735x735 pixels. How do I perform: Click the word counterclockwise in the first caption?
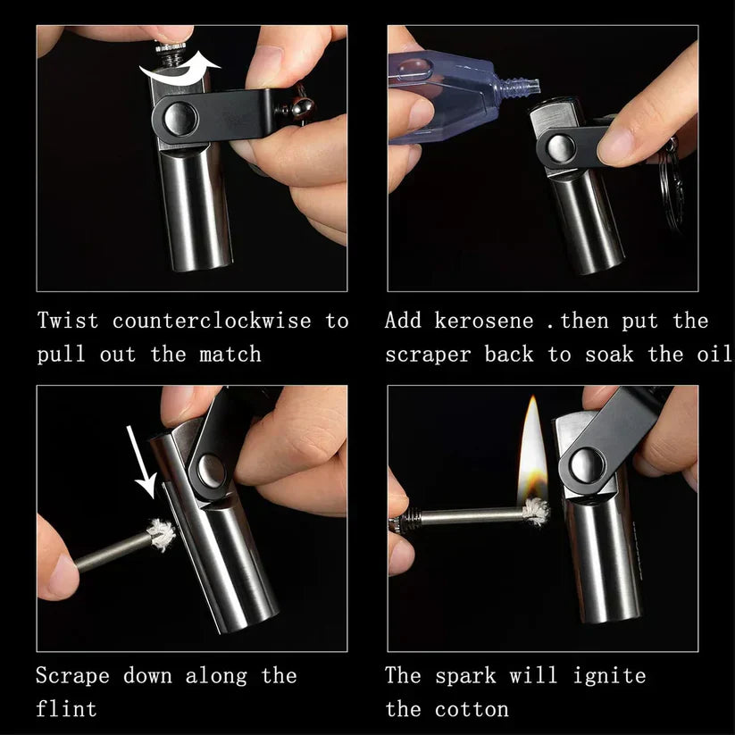coord(212,321)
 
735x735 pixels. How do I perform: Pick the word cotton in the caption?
coord(472,710)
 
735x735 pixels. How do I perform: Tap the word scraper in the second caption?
coord(428,355)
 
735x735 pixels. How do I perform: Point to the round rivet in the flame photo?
coord(586,463)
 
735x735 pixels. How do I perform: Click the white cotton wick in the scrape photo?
coord(162,535)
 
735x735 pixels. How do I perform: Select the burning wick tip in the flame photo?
coord(536,510)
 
